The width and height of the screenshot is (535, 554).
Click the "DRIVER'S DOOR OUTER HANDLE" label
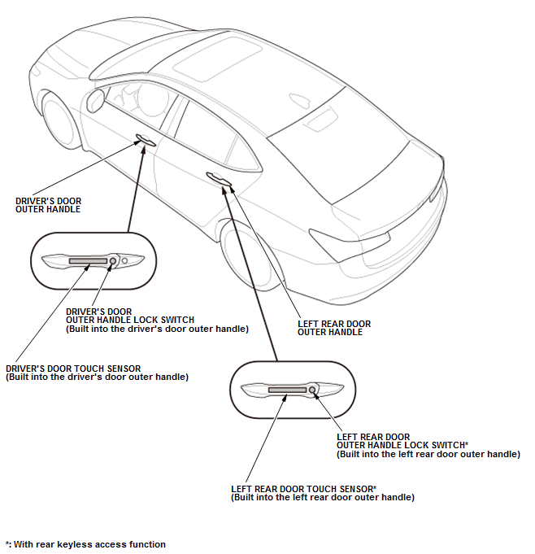tap(49, 205)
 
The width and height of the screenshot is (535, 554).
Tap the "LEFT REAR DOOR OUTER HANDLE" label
tap(334, 328)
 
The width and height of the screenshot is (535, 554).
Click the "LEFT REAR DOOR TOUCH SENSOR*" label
tap(303, 488)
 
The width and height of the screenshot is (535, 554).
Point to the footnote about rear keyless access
tap(85, 544)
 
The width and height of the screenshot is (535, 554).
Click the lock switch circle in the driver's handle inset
tap(114, 260)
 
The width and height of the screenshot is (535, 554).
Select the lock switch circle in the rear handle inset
tap(312, 390)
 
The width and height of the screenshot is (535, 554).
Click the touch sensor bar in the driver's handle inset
tap(88, 261)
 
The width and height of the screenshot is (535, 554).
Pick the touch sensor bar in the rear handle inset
tap(287, 391)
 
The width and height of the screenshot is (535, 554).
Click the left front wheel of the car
tap(61, 122)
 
